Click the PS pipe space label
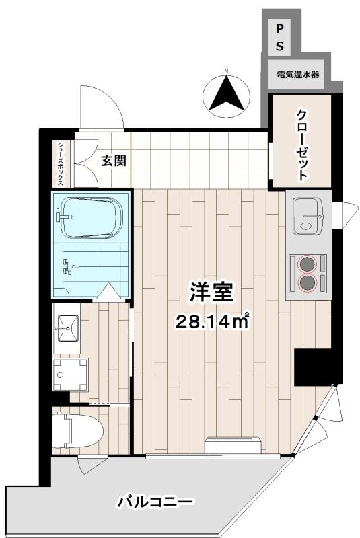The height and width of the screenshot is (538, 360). coord(280,37)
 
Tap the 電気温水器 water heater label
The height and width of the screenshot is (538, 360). coord(298,74)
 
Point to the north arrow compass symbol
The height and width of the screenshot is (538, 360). coord(226,93)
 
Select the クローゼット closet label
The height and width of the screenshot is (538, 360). coord(301,145)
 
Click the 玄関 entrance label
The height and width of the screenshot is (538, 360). coord(114,160)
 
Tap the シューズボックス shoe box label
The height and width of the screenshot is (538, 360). coord(61,164)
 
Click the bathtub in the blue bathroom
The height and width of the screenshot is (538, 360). coord(91,217)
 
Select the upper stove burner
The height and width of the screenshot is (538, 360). coord(307,264)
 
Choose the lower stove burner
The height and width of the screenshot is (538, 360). coord(307,282)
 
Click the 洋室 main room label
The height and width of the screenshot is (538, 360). coord(212,292)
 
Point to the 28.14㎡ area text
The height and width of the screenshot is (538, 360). coord(212,321)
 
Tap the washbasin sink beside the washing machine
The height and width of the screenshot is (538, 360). coord(67,328)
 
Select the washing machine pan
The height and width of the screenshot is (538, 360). coord(70,375)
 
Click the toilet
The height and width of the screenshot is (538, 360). coord(77,430)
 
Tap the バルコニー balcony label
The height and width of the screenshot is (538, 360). coord(155,502)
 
